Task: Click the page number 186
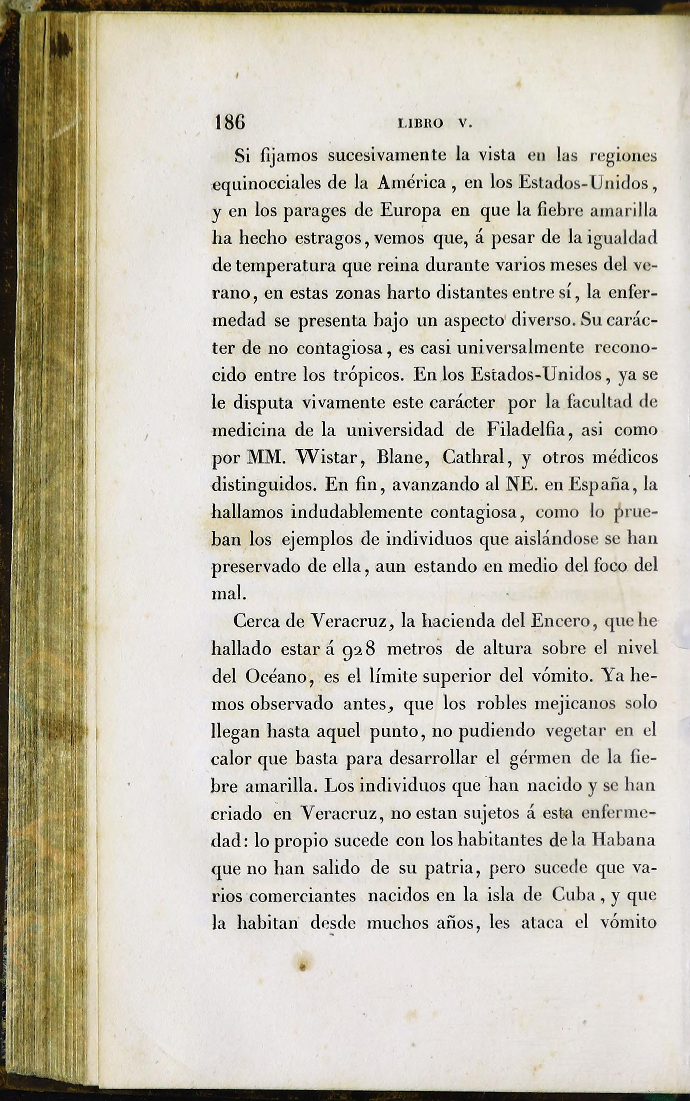click(229, 122)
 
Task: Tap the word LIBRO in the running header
click(420, 123)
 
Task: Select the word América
click(412, 183)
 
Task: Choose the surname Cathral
click(476, 457)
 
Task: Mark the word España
click(602, 484)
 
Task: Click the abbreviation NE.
click(520, 484)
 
